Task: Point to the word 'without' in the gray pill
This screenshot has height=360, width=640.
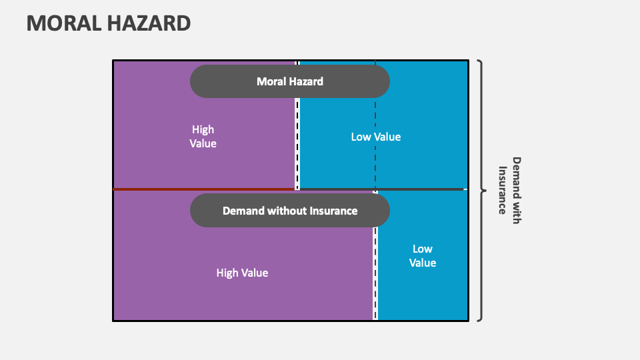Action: click(x=287, y=211)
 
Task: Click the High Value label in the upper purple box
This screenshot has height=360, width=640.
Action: click(x=203, y=136)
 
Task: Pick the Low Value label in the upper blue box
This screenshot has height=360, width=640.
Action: click(x=376, y=137)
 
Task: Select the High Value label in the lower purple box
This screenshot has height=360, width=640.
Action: click(x=242, y=273)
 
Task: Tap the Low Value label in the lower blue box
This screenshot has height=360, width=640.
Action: click(x=423, y=255)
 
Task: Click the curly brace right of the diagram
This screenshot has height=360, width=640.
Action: click(x=481, y=190)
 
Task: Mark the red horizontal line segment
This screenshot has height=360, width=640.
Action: click(x=203, y=189)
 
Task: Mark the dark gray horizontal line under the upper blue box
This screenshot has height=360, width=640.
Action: click(x=420, y=189)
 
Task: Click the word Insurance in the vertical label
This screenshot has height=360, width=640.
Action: click(x=503, y=190)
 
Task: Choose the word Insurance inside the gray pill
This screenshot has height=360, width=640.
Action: click(x=333, y=211)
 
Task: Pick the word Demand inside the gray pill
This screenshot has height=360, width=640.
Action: click(x=243, y=211)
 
